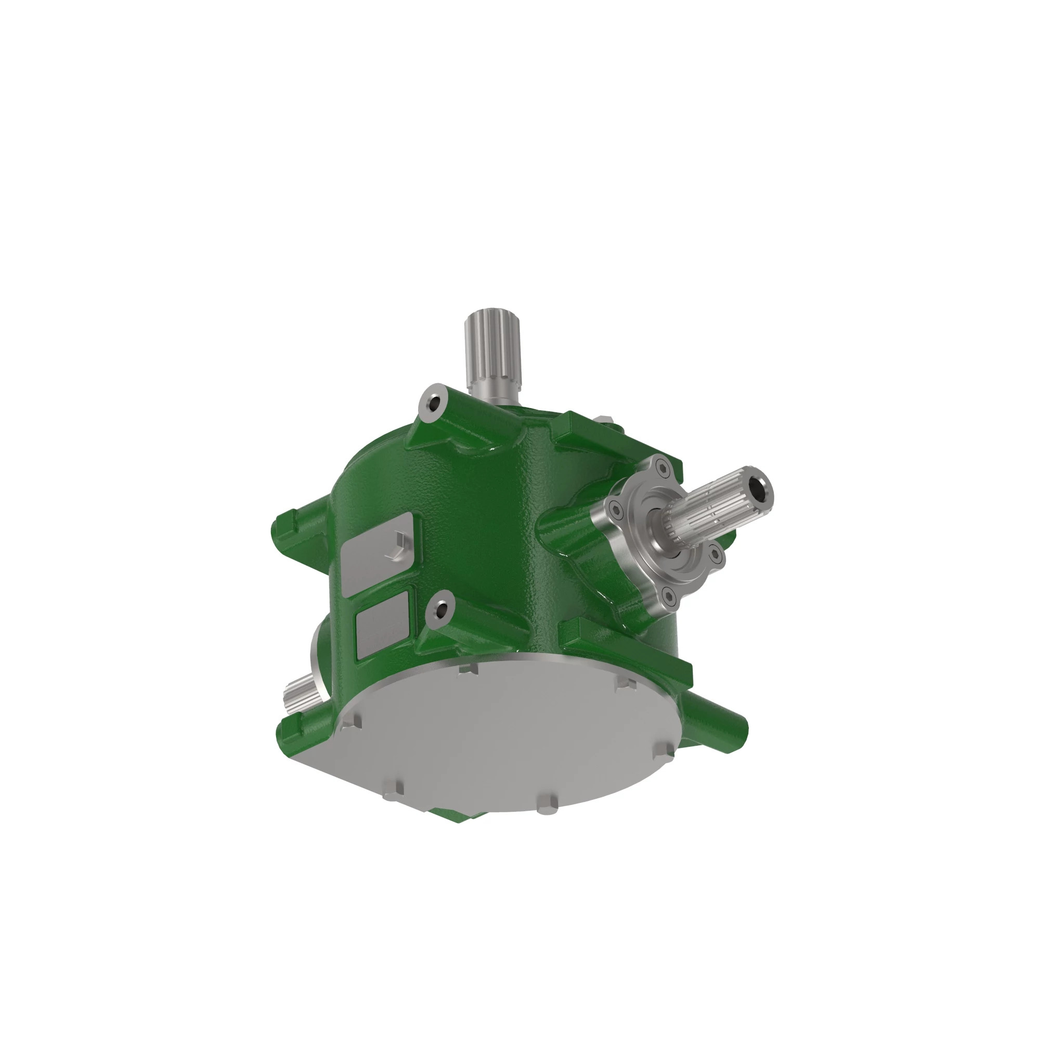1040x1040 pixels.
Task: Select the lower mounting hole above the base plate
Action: pyautogui.click(x=442, y=610)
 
